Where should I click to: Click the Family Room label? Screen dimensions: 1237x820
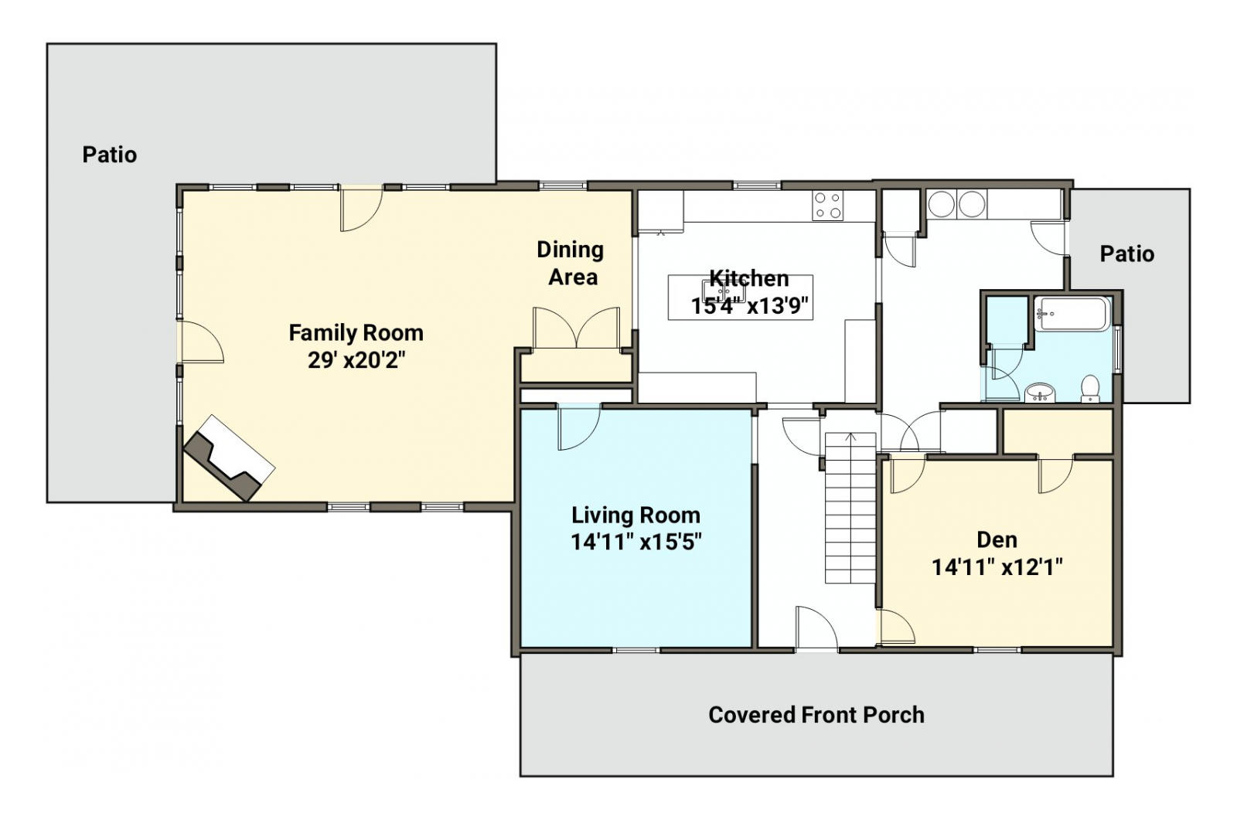(356, 333)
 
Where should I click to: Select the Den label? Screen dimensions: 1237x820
(997, 539)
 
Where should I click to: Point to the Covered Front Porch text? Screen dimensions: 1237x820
(816, 715)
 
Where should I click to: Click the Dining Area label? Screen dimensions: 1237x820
(571, 264)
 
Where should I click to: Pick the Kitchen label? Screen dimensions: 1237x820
(749, 278)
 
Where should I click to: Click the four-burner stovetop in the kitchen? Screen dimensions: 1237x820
(827, 206)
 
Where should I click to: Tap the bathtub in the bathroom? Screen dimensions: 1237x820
(1072, 314)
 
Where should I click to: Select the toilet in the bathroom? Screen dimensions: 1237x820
(1089, 388)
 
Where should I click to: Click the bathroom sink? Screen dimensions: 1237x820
(1041, 393)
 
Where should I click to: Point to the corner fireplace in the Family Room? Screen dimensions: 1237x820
(229, 458)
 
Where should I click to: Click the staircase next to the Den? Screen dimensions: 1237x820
(850, 508)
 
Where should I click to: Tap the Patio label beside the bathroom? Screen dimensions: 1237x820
(1127, 254)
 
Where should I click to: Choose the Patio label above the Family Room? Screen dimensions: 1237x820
(109, 155)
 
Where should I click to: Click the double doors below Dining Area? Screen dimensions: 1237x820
(576, 328)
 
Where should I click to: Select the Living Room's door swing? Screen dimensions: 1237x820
(579, 428)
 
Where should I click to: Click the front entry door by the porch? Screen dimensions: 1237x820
(816, 628)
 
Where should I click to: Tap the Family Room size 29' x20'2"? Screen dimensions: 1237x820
(356, 361)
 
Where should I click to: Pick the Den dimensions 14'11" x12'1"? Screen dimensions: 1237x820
(997, 567)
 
